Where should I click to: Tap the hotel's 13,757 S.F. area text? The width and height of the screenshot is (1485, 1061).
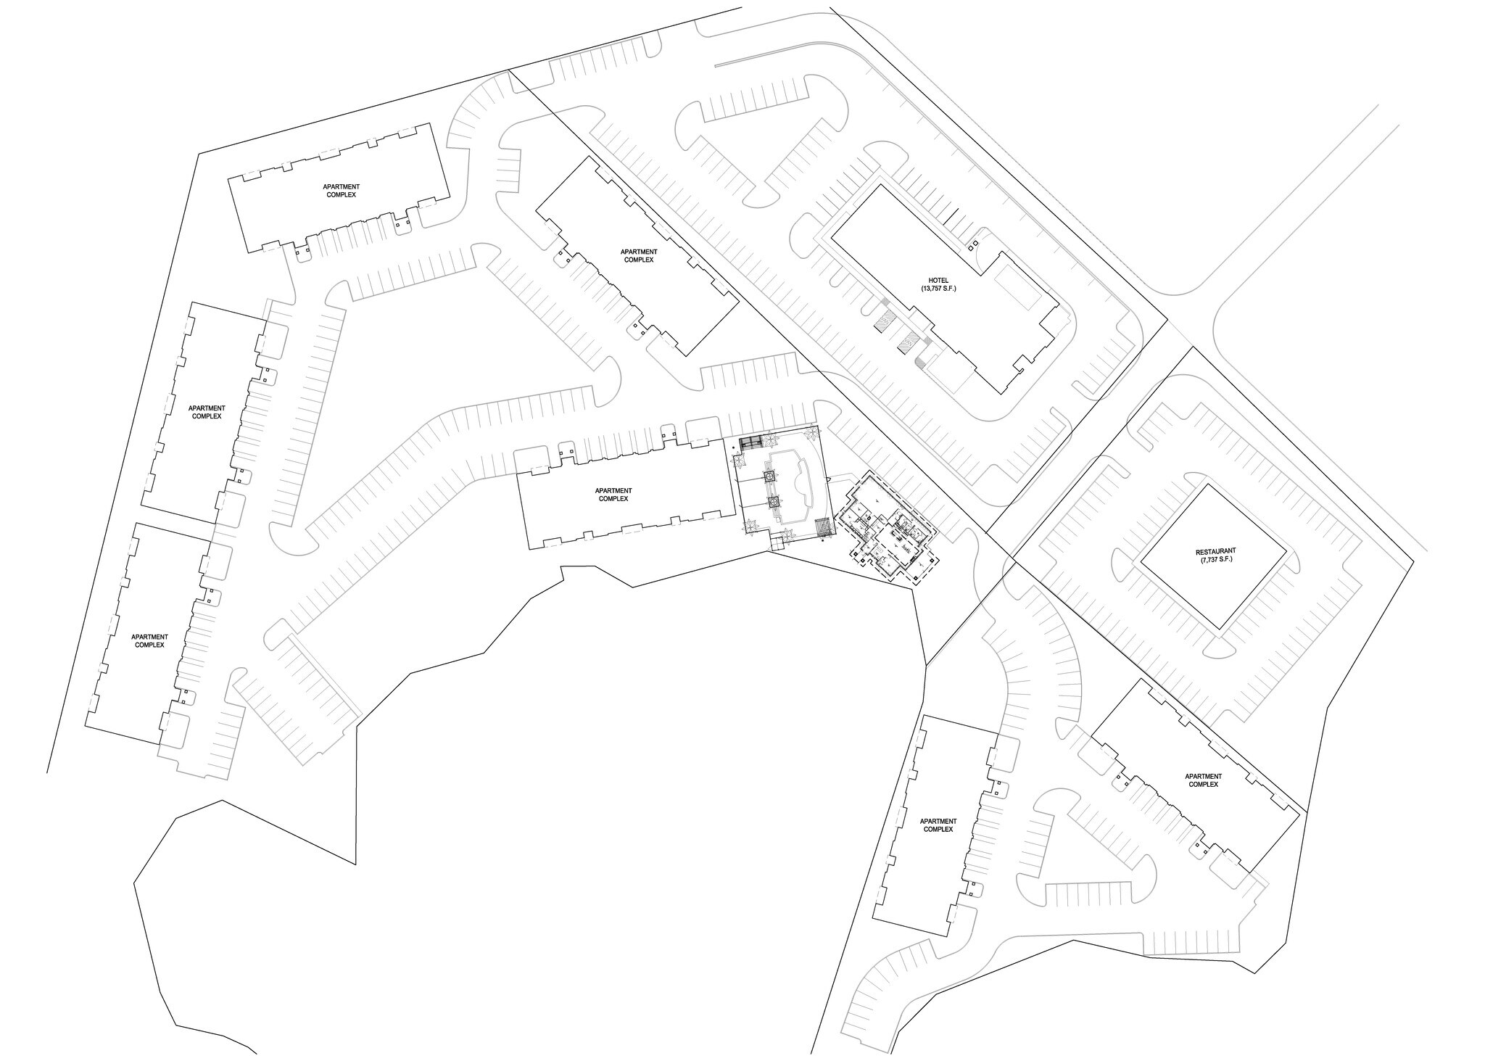tap(940, 289)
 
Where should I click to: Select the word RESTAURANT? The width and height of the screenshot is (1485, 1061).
tap(1214, 551)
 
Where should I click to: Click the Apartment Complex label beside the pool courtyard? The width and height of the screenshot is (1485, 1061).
tap(614, 495)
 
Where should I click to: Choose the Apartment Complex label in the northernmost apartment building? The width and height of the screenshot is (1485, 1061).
tap(340, 191)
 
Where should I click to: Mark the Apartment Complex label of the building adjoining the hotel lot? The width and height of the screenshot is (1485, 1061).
tap(638, 255)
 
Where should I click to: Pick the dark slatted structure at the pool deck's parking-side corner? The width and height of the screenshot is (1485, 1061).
tap(751, 442)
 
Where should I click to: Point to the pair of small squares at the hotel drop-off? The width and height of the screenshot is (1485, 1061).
tap(974, 244)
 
